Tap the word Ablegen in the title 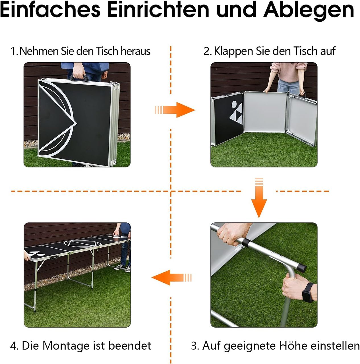[x=309, y=11]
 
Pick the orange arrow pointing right [x=175, y=110]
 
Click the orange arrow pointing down [x=259, y=198]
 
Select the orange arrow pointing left [x=171, y=278]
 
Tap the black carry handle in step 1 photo [x=79, y=77]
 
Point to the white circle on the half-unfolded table [x=234, y=103]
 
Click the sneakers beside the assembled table [x=123, y=268]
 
